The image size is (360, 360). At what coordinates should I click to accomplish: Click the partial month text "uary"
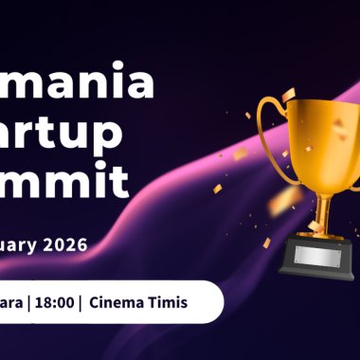(19, 244)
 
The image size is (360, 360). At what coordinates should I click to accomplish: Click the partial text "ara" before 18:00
(12, 302)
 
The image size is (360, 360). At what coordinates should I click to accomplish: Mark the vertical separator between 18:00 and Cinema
(84, 302)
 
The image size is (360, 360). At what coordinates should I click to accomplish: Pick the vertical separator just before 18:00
(29, 302)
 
